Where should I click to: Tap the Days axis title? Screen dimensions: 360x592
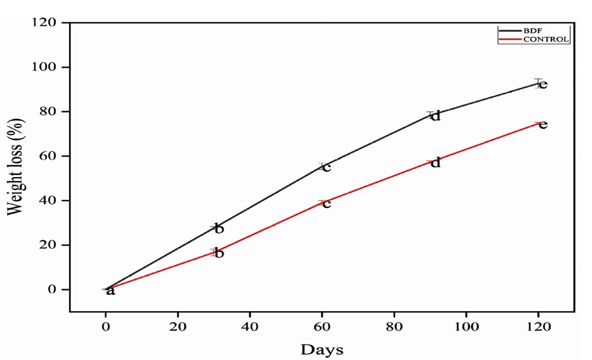(x=321, y=349)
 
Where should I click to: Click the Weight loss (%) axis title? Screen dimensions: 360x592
(x=16, y=167)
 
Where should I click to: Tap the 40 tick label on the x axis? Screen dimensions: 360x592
(x=250, y=327)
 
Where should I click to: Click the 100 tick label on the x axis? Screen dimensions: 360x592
(x=466, y=327)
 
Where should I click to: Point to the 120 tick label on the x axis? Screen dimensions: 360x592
(x=538, y=327)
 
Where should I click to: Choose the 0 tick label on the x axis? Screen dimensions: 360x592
(x=106, y=327)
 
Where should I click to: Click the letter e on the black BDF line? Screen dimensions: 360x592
(x=543, y=84)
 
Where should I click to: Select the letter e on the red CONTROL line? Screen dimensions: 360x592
(x=543, y=125)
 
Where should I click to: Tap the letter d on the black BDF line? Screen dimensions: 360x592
(x=435, y=115)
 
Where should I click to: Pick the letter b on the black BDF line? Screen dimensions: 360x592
(x=219, y=229)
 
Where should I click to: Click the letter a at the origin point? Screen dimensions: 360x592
(x=110, y=291)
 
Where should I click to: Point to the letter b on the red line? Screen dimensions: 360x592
(x=219, y=253)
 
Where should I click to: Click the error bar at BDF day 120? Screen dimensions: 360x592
(x=538, y=83)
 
